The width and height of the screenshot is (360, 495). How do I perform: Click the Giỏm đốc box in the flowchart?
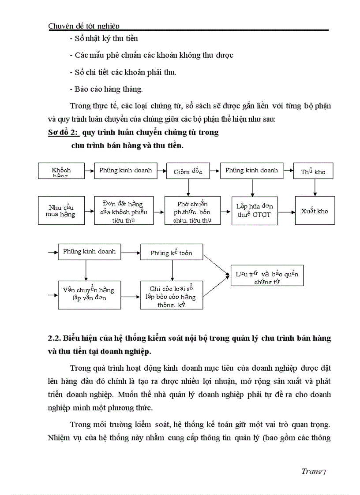(188, 171)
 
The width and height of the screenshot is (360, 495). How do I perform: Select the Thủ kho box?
(313, 171)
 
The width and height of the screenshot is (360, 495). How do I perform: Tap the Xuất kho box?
(314, 211)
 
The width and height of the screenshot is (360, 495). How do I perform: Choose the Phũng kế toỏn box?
(172, 253)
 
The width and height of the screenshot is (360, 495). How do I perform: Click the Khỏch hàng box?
(61, 171)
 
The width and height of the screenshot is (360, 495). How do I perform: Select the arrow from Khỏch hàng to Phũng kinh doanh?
(89, 170)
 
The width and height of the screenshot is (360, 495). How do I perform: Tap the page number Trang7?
(313, 471)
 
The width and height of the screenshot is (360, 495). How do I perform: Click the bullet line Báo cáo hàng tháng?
(106, 89)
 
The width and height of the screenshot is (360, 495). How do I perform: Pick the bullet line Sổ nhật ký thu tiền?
(104, 39)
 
